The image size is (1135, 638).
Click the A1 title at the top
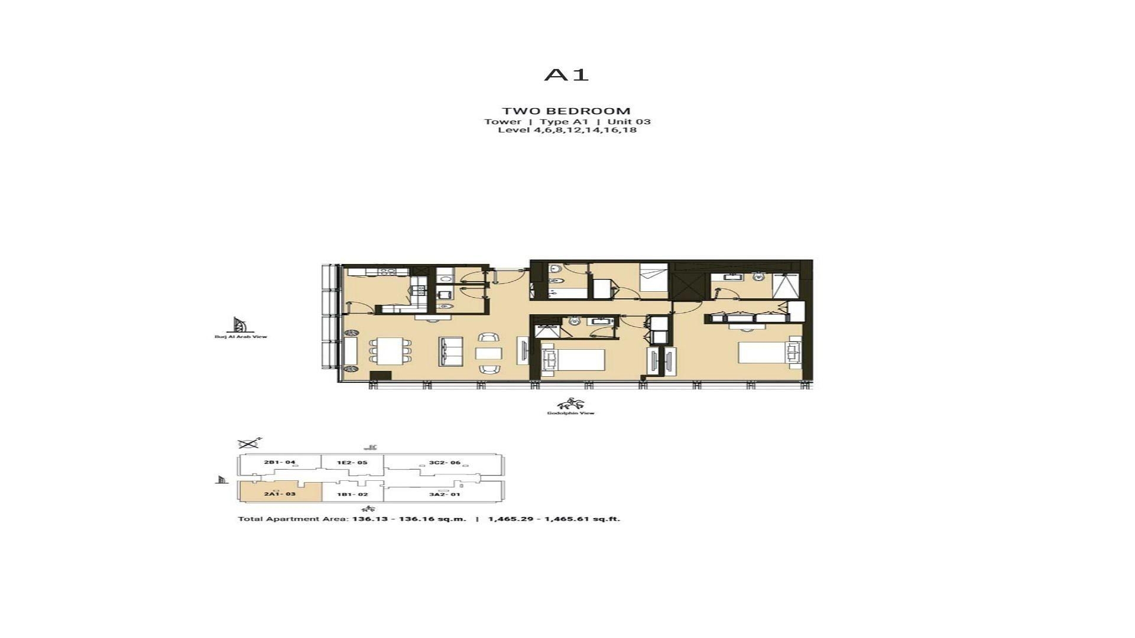coord(566,75)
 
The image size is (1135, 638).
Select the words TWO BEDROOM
coord(566,111)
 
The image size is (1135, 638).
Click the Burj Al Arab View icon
coord(239,325)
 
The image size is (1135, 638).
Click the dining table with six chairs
coord(390,350)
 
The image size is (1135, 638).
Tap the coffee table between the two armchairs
coord(489,353)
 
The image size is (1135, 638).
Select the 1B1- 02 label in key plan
coord(352,494)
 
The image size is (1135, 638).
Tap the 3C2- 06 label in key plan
coord(445,463)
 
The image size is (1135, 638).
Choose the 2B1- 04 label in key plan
coord(280,463)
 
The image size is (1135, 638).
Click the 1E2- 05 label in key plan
coord(352,463)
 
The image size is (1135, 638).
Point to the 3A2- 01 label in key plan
coord(445,494)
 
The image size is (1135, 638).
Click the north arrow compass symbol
coord(248,443)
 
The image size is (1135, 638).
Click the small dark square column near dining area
coord(380,376)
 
